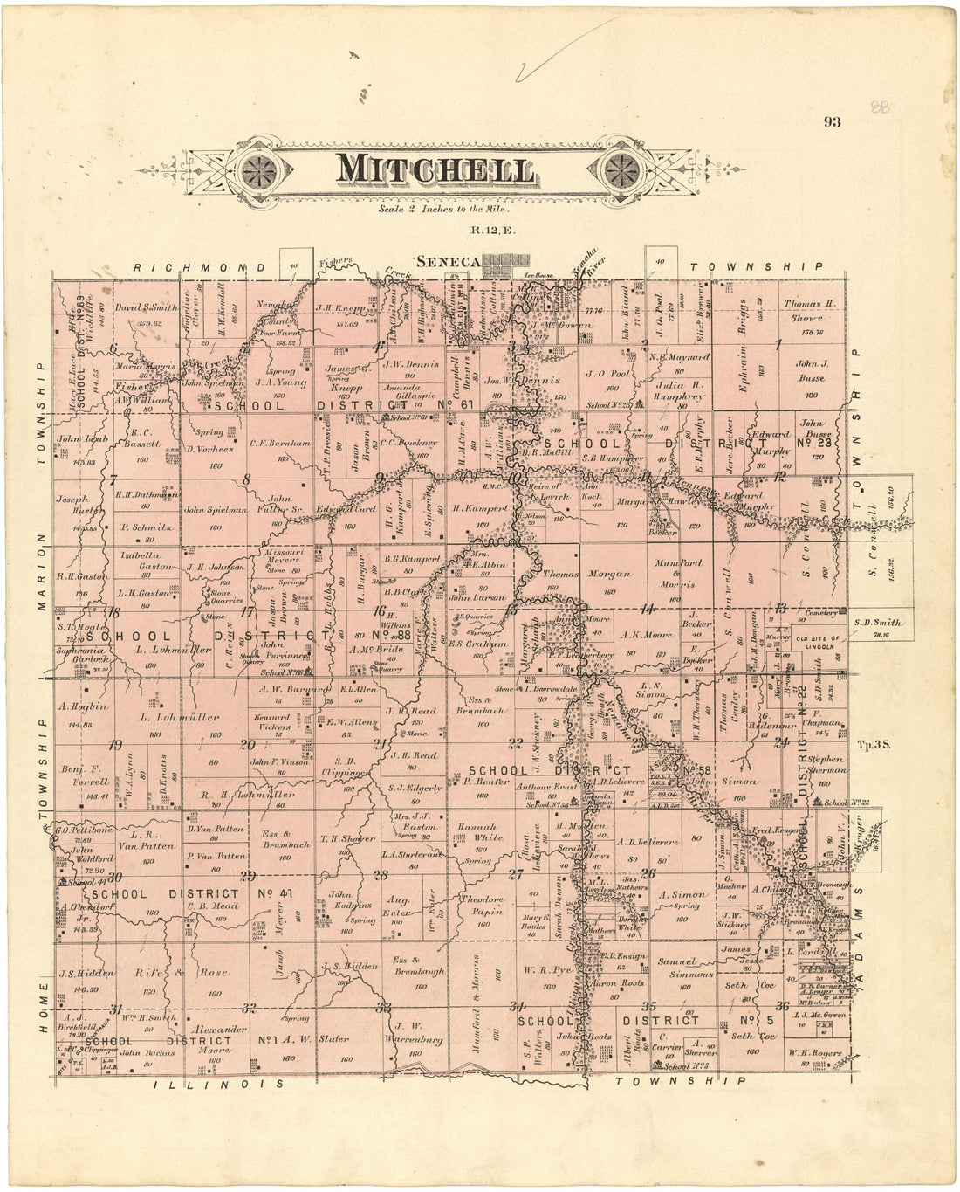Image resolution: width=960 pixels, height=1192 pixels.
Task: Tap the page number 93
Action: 832,122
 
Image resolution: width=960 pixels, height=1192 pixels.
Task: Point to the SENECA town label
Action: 449,261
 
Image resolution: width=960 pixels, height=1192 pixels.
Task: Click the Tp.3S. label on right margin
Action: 872,745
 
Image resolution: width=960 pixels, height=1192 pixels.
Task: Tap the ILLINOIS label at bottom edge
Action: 219,1084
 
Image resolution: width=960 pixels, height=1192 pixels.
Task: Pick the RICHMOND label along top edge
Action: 201,266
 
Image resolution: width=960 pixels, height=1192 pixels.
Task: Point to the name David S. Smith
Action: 147,308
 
